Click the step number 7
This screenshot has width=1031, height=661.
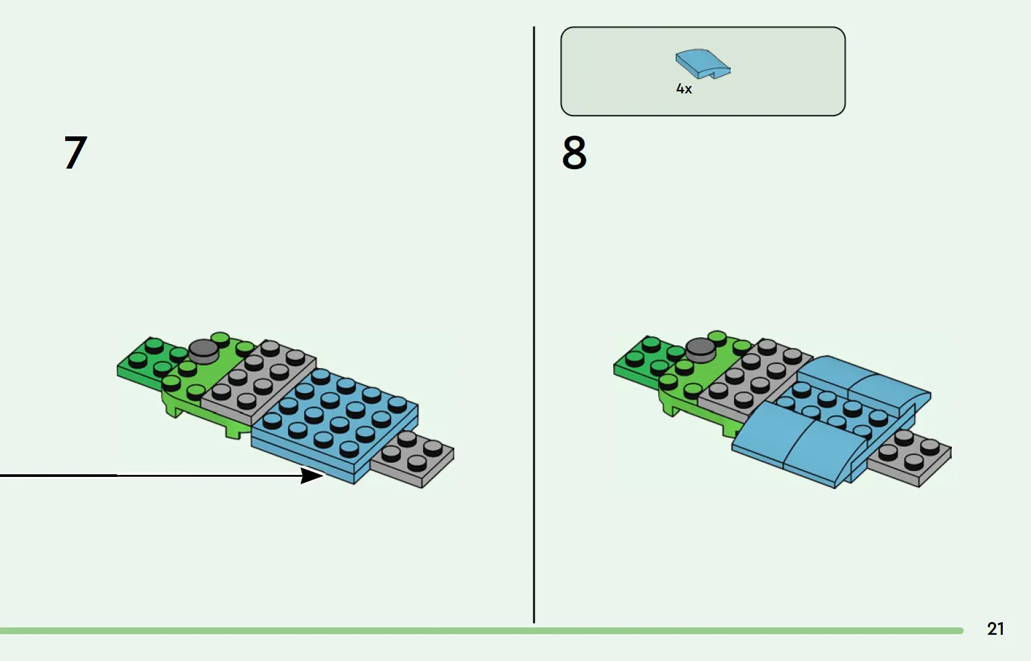click(76, 152)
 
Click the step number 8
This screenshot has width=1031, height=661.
click(574, 152)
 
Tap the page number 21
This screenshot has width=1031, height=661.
click(995, 629)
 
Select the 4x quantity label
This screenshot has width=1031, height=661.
click(684, 89)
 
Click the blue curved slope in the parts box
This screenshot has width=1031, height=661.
click(703, 64)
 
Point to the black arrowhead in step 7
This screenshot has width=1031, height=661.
click(312, 476)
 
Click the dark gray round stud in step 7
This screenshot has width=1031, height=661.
click(204, 351)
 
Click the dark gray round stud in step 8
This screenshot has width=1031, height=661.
click(701, 350)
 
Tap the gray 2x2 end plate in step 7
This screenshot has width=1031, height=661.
click(412, 459)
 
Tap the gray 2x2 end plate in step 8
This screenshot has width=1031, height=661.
click(909, 458)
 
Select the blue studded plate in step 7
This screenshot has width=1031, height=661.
click(335, 426)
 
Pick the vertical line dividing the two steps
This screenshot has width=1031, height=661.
click(534, 324)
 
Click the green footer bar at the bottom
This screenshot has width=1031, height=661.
click(482, 631)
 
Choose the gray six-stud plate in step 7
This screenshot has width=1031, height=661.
click(258, 382)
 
